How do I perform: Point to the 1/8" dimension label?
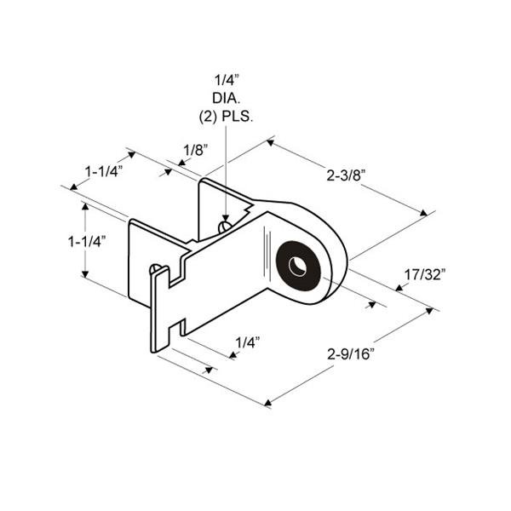pyautogui.click(x=195, y=151)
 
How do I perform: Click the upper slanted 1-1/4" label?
pyautogui.click(x=103, y=170)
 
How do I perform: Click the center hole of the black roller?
pyautogui.click(x=296, y=266)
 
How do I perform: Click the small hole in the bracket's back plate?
pyautogui.click(x=223, y=227)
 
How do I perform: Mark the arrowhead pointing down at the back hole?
pyautogui.click(x=225, y=216)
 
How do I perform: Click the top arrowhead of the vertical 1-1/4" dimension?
pyautogui.click(x=84, y=207)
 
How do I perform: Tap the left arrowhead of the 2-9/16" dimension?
pyautogui.click(x=270, y=400)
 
